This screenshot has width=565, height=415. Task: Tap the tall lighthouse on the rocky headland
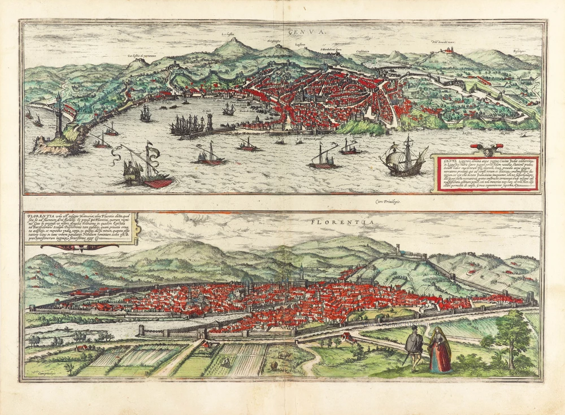58,116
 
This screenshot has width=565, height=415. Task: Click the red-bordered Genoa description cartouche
486,175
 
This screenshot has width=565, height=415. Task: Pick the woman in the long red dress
440,352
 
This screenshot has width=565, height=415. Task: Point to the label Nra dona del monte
443,42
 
